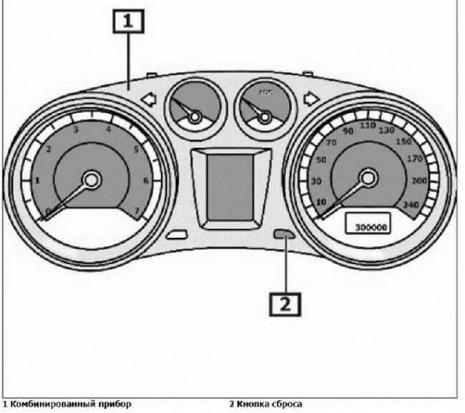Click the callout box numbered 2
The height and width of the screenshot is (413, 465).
pos(285,304)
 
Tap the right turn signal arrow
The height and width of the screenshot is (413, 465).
pos(310,100)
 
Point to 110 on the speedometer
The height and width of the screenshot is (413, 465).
pos(368,125)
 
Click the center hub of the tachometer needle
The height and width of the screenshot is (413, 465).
pos(91,180)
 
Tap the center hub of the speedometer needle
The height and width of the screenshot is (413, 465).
pos(368,178)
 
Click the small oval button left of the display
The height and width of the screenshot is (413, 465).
pos(175,235)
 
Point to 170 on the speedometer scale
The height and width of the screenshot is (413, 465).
pos(415,159)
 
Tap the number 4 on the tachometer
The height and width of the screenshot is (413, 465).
pos(109,130)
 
